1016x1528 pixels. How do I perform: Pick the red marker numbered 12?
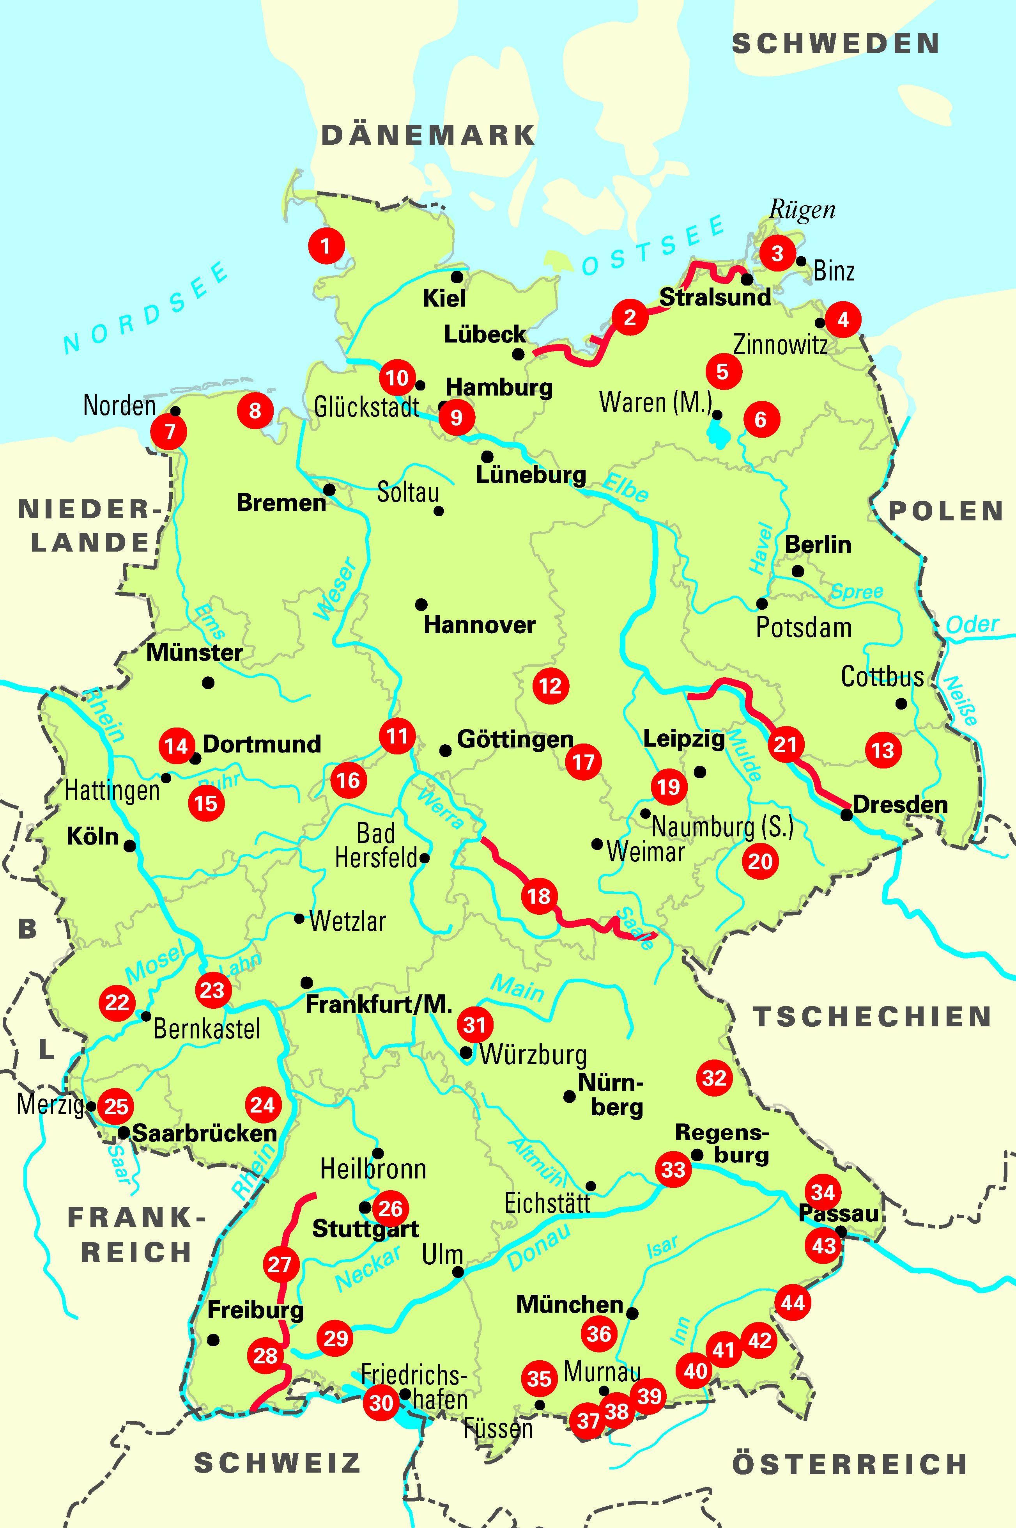(550, 685)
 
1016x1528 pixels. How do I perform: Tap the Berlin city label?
(818, 544)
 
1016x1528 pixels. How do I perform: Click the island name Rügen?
(802, 210)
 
